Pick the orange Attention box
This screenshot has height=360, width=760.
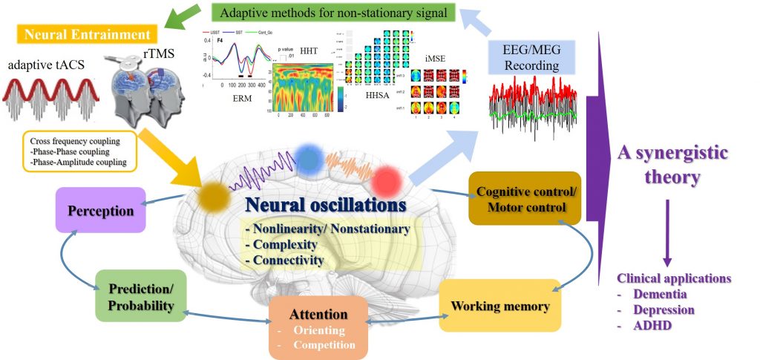pos(318,323)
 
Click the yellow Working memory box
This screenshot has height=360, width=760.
pos(499,305)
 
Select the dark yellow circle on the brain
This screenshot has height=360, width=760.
pos(214,194)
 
